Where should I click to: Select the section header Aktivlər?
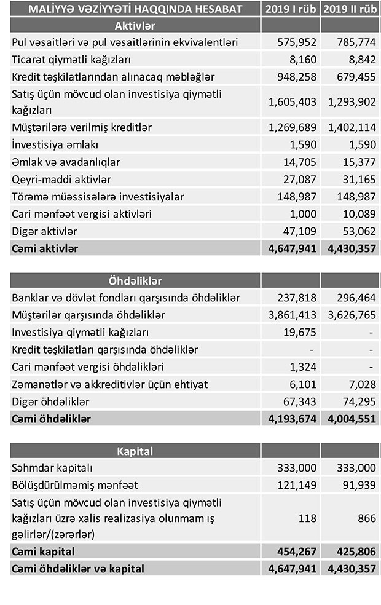pyautogui.click(x=135, y=26)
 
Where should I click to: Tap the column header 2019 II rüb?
pyautogui.click(x=350, y=9)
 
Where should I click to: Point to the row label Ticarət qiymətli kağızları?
pyautogui.click(x=71, y=60)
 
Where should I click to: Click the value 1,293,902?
pyautogui.click(x=349, y=102)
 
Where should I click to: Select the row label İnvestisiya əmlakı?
pyautogui.click(x=55, y=145)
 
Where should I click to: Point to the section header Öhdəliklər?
pyautogui.click(x=135, y=281)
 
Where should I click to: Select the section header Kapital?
pyautogui.click(x=135, y=451)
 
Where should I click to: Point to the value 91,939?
pyautogui.click(x=359, y=484)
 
